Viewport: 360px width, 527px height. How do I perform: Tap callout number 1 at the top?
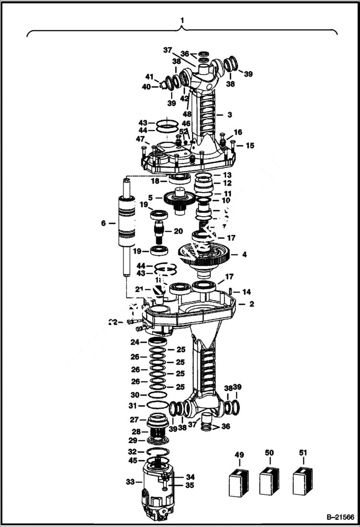182,20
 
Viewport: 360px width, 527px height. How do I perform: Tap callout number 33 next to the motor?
130,482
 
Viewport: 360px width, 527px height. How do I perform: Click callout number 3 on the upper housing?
230,115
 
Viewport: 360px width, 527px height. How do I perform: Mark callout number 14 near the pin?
246,292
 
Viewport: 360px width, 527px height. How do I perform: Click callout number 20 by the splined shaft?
178,231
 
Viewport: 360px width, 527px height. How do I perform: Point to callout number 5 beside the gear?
150,197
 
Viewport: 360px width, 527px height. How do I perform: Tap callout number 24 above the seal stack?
136,342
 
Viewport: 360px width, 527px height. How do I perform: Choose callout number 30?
136,394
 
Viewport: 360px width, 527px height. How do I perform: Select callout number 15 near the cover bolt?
250,146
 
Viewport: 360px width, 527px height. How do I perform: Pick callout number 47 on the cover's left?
139,139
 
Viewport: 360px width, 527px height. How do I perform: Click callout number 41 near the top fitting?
149,77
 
